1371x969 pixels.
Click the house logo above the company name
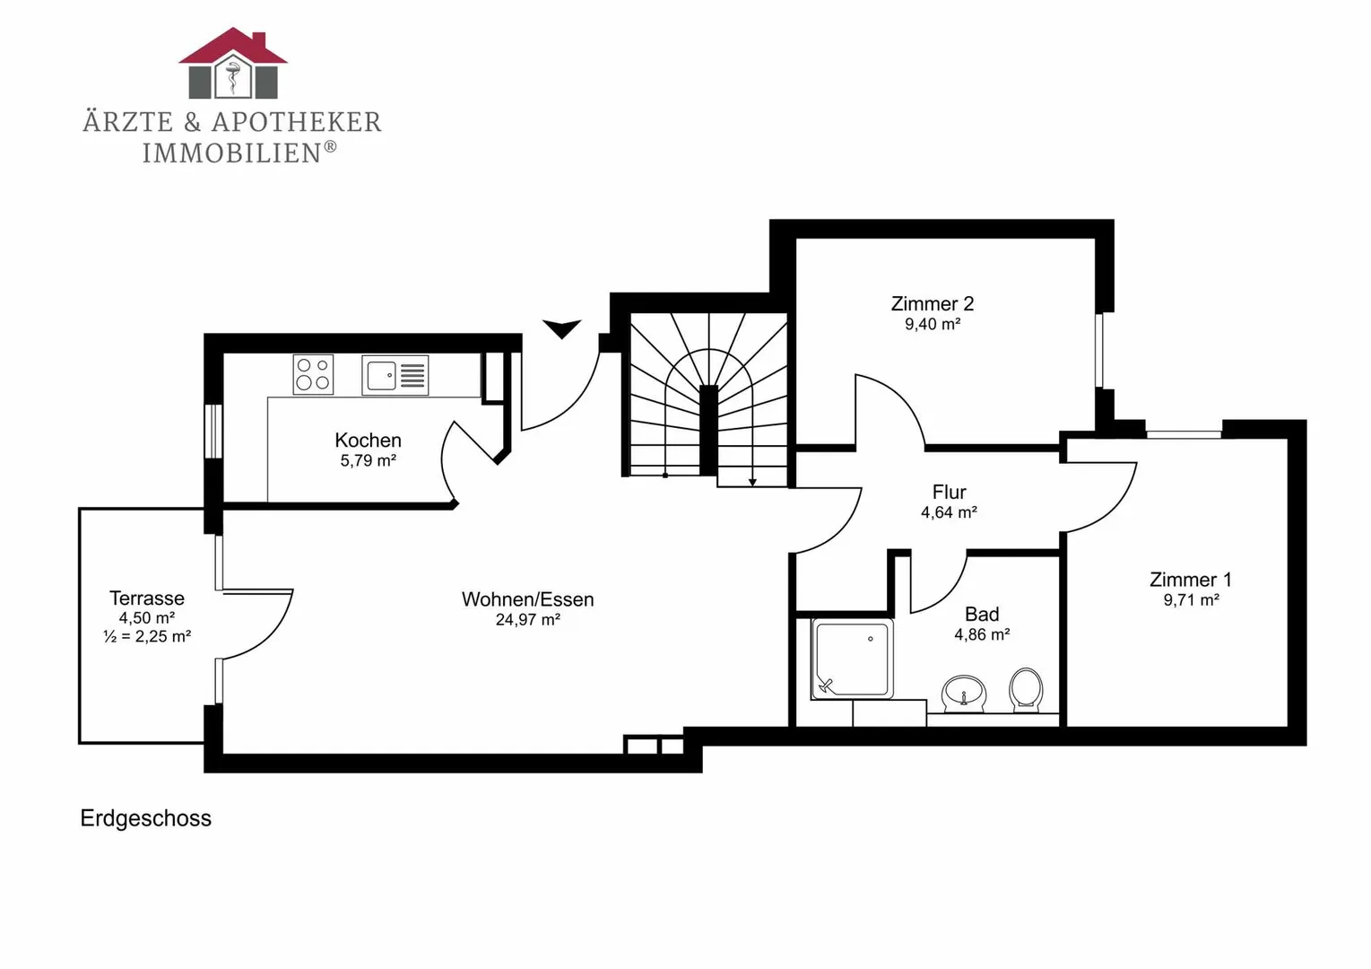point(233,63)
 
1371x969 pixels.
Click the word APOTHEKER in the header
point(297,122)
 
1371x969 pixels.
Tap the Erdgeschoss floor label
point(145,818)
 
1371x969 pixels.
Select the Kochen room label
point(368,440)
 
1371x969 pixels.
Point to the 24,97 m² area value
point(527,620)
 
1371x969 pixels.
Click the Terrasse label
point(147,598)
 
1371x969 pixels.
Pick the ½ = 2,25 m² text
point(147,637)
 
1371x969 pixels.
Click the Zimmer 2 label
point(933,303)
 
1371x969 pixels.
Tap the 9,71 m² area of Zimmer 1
point(1191,599)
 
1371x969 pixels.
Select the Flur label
point(950,492)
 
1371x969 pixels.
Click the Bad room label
point(982,614)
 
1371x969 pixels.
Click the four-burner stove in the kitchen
point(313,374)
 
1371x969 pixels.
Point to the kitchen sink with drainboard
point(395,375)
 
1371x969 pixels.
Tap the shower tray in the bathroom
point(852,659)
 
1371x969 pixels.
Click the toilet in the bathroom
point(1026,690)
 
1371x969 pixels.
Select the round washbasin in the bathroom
point(964,694)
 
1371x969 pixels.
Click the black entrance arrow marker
point(561,328)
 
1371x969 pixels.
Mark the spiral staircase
point(708,398)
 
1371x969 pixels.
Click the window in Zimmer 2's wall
point(1099,350)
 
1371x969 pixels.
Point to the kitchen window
point(213,431)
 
